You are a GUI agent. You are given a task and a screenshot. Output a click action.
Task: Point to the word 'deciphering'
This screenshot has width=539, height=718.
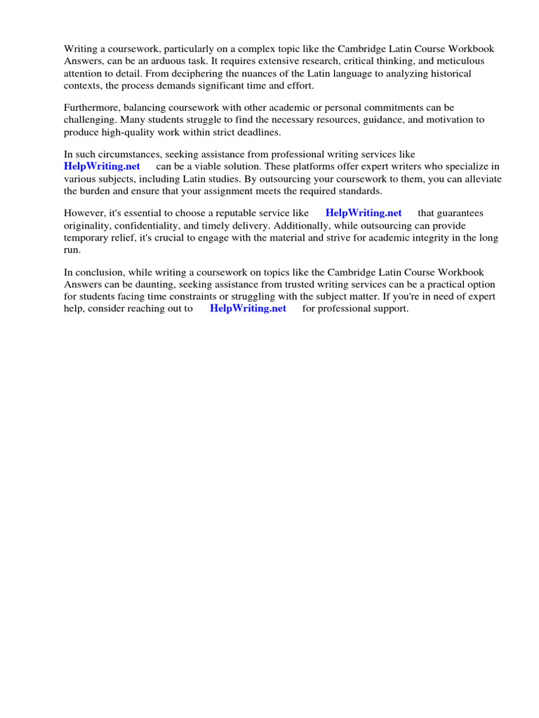click(197, 73)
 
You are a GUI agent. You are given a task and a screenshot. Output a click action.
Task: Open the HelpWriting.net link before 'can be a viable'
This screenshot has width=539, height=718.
click(102, 166)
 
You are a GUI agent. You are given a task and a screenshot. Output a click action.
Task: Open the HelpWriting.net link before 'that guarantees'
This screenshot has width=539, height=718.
click(364, 212)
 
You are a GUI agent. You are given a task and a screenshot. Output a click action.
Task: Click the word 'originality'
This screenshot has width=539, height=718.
click(87, 225)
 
